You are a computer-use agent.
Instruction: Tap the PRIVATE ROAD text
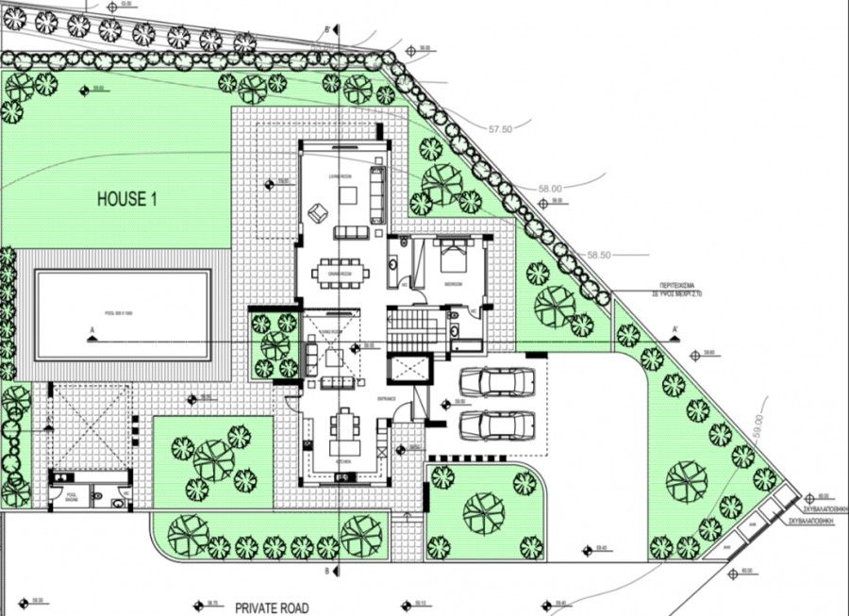pyautogui.click(x=273, y=608)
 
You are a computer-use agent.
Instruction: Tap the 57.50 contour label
pyautogui.click(x=501, y=128)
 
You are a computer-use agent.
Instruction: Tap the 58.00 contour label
pyautogui.click(x=550, y=189)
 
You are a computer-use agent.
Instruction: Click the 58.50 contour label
pyautogui.click(x=600, y=255)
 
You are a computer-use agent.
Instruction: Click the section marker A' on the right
pyautogui.click(x=675, y=329)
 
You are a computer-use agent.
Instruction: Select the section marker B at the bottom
pyautogui.click(x=326, y=572)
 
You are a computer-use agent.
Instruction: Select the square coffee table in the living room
pyautogui.click(x=347, y=195)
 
